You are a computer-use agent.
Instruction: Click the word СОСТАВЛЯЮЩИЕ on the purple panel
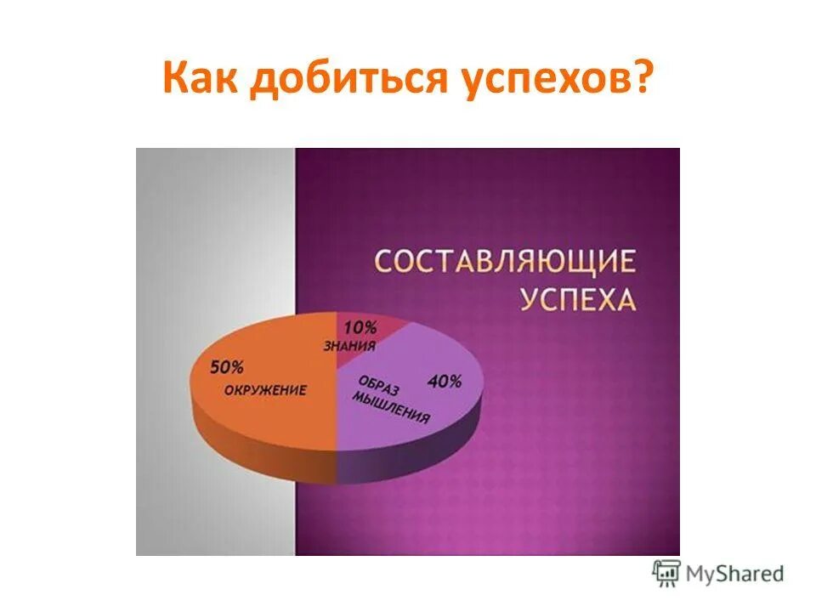coord(506,261)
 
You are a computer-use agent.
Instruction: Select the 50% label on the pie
coord(226,368)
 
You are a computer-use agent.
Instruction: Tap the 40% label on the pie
coord(445,382)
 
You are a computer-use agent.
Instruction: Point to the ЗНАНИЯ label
coord(348,345)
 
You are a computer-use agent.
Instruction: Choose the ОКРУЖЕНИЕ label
coord(265,390)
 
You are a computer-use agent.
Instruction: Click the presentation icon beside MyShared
coord(666,574)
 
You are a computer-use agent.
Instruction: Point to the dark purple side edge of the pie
coord(408,459)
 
